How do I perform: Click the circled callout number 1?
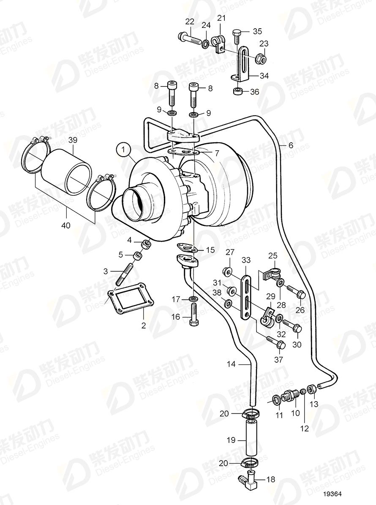(123, 149)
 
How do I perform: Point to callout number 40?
(65, 225)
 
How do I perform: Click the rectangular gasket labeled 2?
(132, 301)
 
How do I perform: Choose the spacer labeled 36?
(238, 92)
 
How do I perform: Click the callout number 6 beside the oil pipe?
(290, 145)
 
